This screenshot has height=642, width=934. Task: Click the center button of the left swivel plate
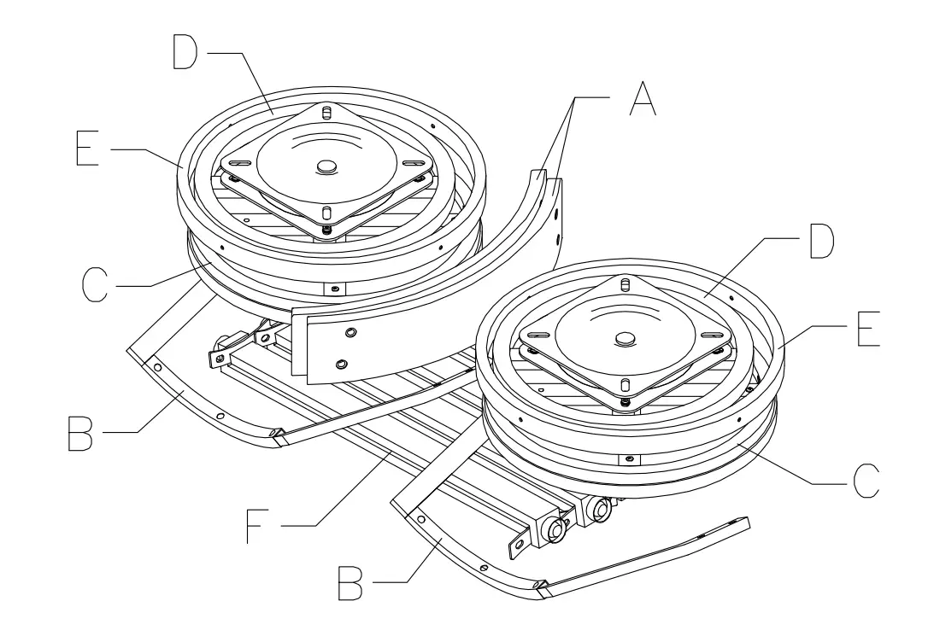[326, 167]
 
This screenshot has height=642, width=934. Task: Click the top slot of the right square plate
[626, 284]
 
